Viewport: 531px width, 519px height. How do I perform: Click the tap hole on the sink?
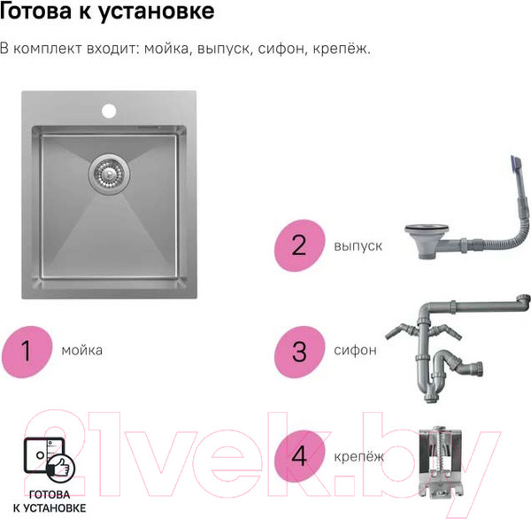[x=109, y=112]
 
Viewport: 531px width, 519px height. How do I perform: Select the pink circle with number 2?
[x=298, y=244]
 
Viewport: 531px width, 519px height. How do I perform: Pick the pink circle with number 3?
[x=298, y=350]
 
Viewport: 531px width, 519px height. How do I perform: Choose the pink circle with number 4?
[x=298, y=456]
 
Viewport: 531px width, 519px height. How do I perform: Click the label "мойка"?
[x=82, y=350]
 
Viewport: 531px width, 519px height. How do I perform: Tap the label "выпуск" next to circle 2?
[x=358, y=245]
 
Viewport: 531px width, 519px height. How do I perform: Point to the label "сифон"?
[x=356, y=350]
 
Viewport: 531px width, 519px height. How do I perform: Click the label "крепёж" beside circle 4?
[x=360, y=456]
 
